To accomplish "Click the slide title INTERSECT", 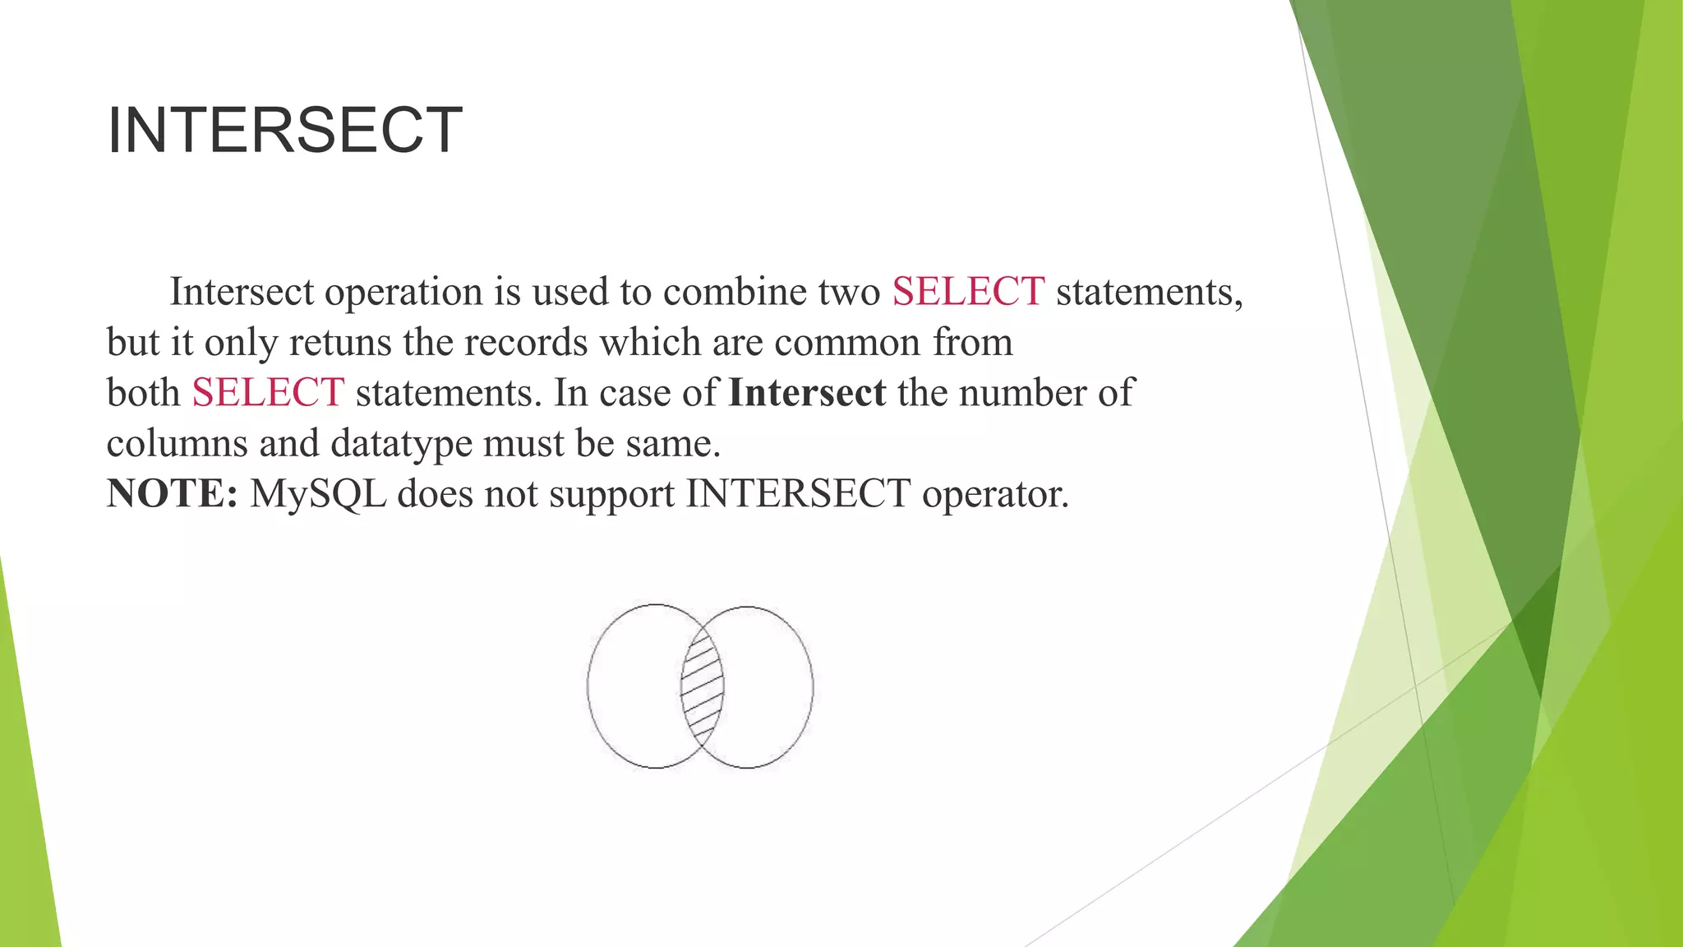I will tap(284, 130).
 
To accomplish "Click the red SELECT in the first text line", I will tap(968, 292).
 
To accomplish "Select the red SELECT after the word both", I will tap(268, 393).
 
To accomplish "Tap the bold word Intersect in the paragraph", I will tap(807, 393).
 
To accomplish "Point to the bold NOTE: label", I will tap(173, 494).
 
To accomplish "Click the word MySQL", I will tap(318, 494).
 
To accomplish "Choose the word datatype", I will tap(401, 444).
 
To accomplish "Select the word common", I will tap(846, 343).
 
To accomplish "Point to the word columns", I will tap(177, 444).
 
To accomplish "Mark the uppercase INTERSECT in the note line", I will tap(798, 494).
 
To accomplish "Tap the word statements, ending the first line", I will tap(1149, 292).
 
